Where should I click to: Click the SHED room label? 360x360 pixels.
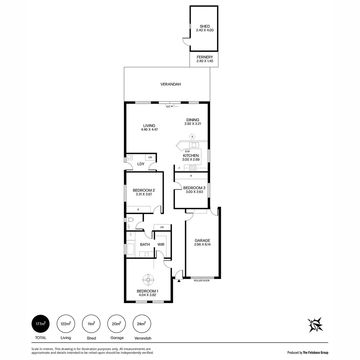click(205, 26)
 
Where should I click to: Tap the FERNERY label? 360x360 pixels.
click(205, 57)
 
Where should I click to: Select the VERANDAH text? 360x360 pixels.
click(171, 84)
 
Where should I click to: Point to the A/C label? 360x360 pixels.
click(168, 107)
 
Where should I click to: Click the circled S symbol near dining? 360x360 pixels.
click(192, 136)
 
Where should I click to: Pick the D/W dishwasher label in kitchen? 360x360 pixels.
click(182, 151)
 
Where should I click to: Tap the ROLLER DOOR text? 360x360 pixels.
click(202, 281)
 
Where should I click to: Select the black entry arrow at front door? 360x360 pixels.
click(179, 281)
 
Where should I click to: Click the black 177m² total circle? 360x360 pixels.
click(41, 324)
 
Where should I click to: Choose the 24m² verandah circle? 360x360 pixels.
click(142, 324)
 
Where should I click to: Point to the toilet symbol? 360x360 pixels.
click(130, 220)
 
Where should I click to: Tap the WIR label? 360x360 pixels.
click(161, 245)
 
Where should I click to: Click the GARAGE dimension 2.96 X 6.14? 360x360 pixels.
click(202, 244)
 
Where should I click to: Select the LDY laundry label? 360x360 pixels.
click(141, 164)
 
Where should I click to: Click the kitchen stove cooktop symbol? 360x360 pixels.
click(193, 168)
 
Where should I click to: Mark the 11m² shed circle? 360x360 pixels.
click(91, 324)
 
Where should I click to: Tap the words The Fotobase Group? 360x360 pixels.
click(315, 352)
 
